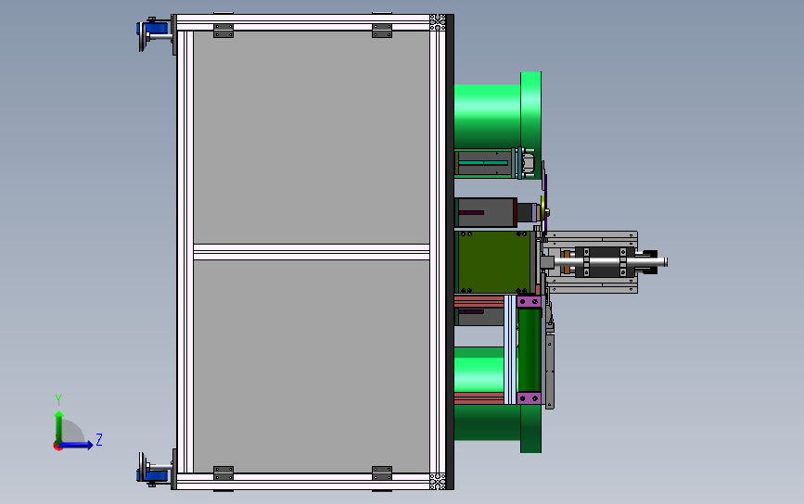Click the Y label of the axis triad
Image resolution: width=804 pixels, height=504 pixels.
click(x=58, y=400)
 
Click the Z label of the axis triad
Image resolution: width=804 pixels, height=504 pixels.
click(x=99, y=439)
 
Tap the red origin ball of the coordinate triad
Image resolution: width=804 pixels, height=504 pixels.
click(x=57, y=447)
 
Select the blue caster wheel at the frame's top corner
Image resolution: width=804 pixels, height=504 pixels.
click(x=154, y=33)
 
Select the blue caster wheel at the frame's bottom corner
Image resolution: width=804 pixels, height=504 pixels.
click(x=154, y=470)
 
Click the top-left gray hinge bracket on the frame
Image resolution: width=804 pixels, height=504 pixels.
click(x=223, y=31)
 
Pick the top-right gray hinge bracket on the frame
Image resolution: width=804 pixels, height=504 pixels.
click(x=382, y=31)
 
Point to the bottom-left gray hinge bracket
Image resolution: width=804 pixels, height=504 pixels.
click(x=223, y=473)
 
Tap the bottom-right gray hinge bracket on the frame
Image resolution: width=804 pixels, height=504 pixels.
click(x=382, y=473)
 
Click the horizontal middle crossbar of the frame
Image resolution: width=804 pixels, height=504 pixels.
click(x=312, y=252)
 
